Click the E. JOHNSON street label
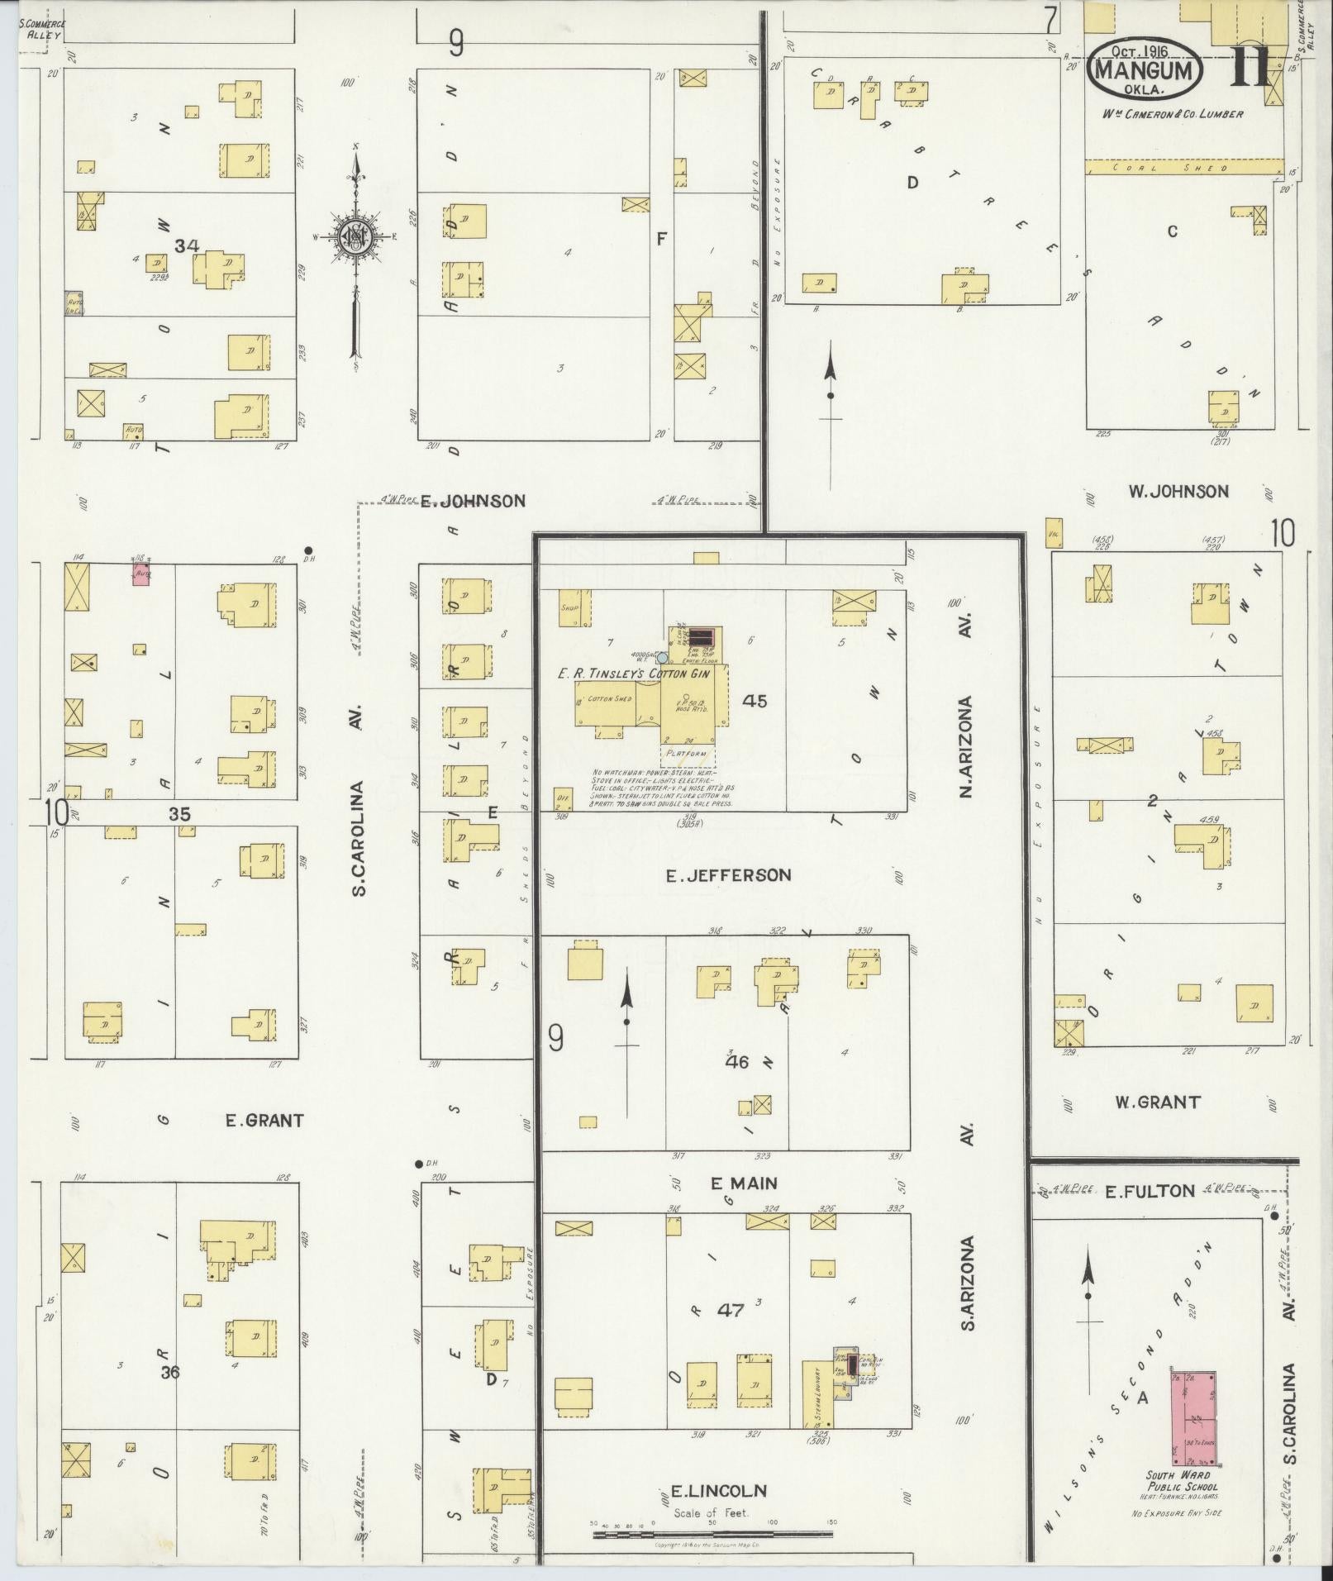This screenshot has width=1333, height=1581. pos(473,501)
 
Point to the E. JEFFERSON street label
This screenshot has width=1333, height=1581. pos(728,874)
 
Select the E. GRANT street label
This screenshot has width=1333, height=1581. pos(264,1121)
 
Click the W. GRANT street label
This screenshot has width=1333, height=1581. pos(1157,1102)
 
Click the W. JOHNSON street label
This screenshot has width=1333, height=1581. pos(1178,492)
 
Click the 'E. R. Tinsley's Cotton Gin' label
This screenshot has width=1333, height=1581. pos(628,673)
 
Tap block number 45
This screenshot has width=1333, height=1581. pos(755,701)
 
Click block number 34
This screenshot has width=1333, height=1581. pos(188,245)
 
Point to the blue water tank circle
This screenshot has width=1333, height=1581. pos(662,658)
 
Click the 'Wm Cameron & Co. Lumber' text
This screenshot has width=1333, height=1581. pos(1171,114)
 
